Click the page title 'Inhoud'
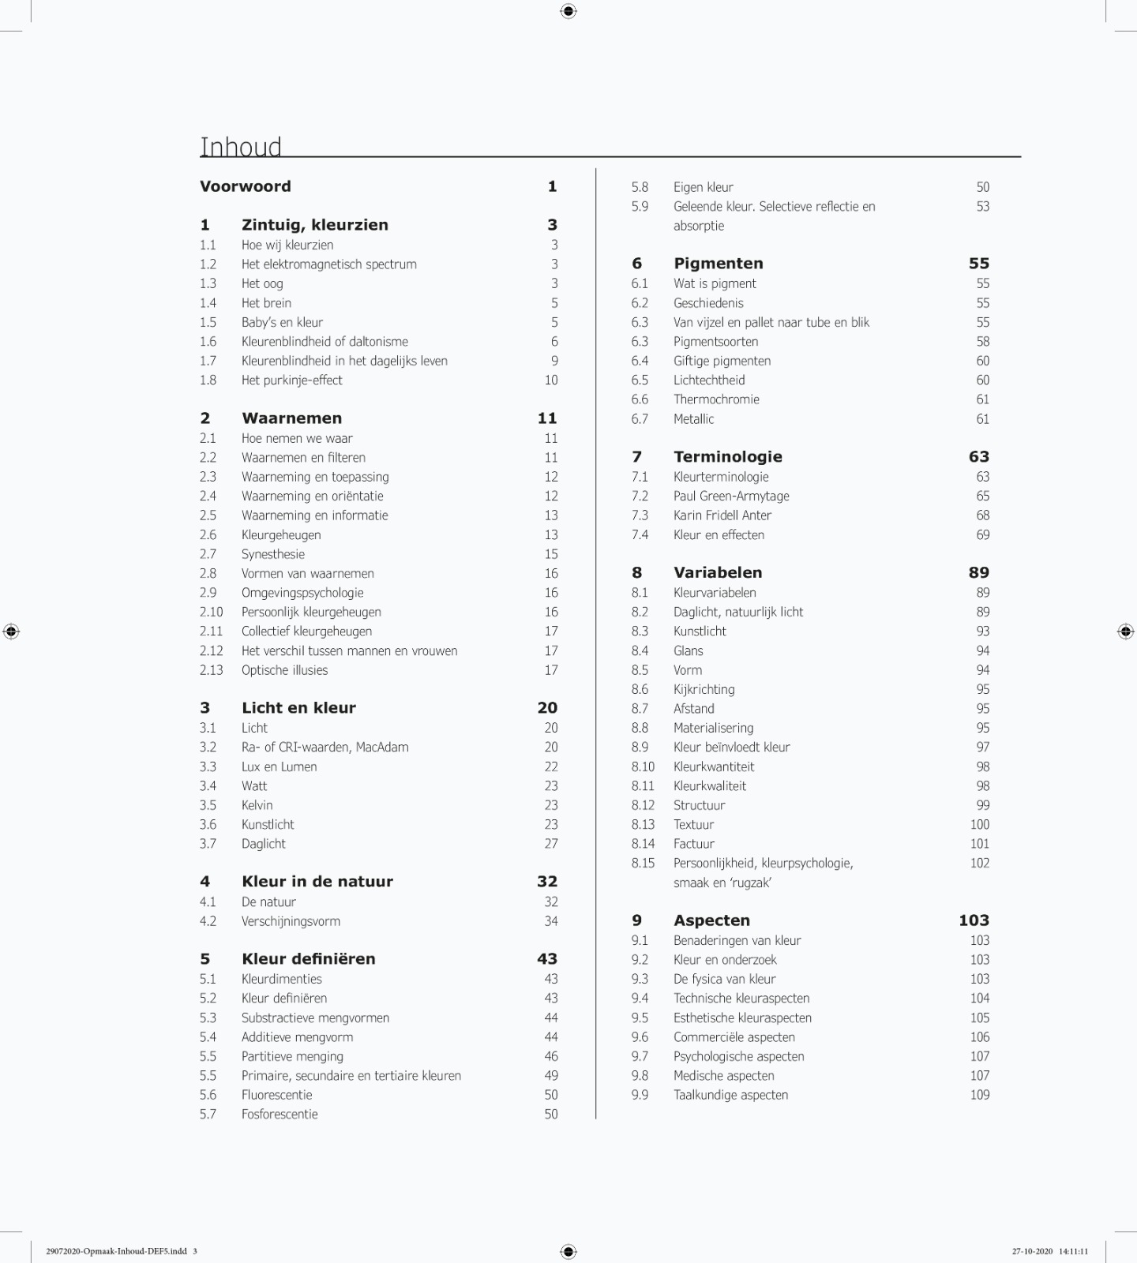(241, 147)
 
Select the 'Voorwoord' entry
(245, 186)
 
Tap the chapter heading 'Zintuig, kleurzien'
(314, 225)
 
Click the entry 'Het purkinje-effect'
(291, 380)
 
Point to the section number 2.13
(211, 669)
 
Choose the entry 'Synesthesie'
(272, 554)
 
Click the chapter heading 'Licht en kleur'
(298, 708)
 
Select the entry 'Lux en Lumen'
(279, 766)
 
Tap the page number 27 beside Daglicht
(550, 843)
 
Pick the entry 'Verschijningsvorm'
(291, 921)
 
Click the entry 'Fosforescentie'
(280, 1114)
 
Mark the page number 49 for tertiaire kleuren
(550, 1075)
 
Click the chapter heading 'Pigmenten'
(718, 264)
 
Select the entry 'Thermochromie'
(716, 399)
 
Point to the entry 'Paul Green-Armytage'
(731, 496)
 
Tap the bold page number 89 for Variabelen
(978, 573)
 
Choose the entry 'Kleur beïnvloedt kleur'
(731, 747)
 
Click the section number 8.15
(643, 863)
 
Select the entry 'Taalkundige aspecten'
(730, 1095)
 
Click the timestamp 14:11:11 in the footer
(1073, 1251)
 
